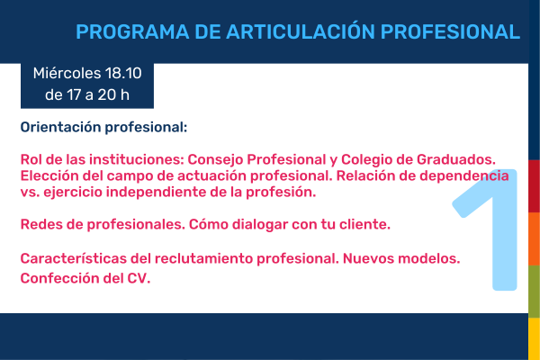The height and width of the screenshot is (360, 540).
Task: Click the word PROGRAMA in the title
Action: pos(132,32)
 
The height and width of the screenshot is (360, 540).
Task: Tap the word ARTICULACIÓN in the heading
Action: pos(301,31)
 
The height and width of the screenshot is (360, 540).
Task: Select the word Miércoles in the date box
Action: pos(67,73)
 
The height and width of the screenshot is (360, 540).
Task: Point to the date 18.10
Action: pos(123,74)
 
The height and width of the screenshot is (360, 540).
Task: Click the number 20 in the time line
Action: pos(107,95)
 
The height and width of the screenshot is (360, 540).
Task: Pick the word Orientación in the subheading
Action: pos(60,127)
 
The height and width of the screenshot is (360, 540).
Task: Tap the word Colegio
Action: pos(366,160)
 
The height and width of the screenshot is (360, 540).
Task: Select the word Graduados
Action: pos(456,159)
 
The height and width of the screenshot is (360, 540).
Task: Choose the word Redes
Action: pos(41,224)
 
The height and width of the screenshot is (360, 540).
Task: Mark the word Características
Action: pos(74,258)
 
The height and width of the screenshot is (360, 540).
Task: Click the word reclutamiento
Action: pos(203,258)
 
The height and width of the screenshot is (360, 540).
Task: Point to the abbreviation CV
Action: pos(139,278)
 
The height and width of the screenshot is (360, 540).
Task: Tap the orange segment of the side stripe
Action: pos(534,238)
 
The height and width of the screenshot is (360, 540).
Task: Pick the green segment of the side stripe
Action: pos(534,292)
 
